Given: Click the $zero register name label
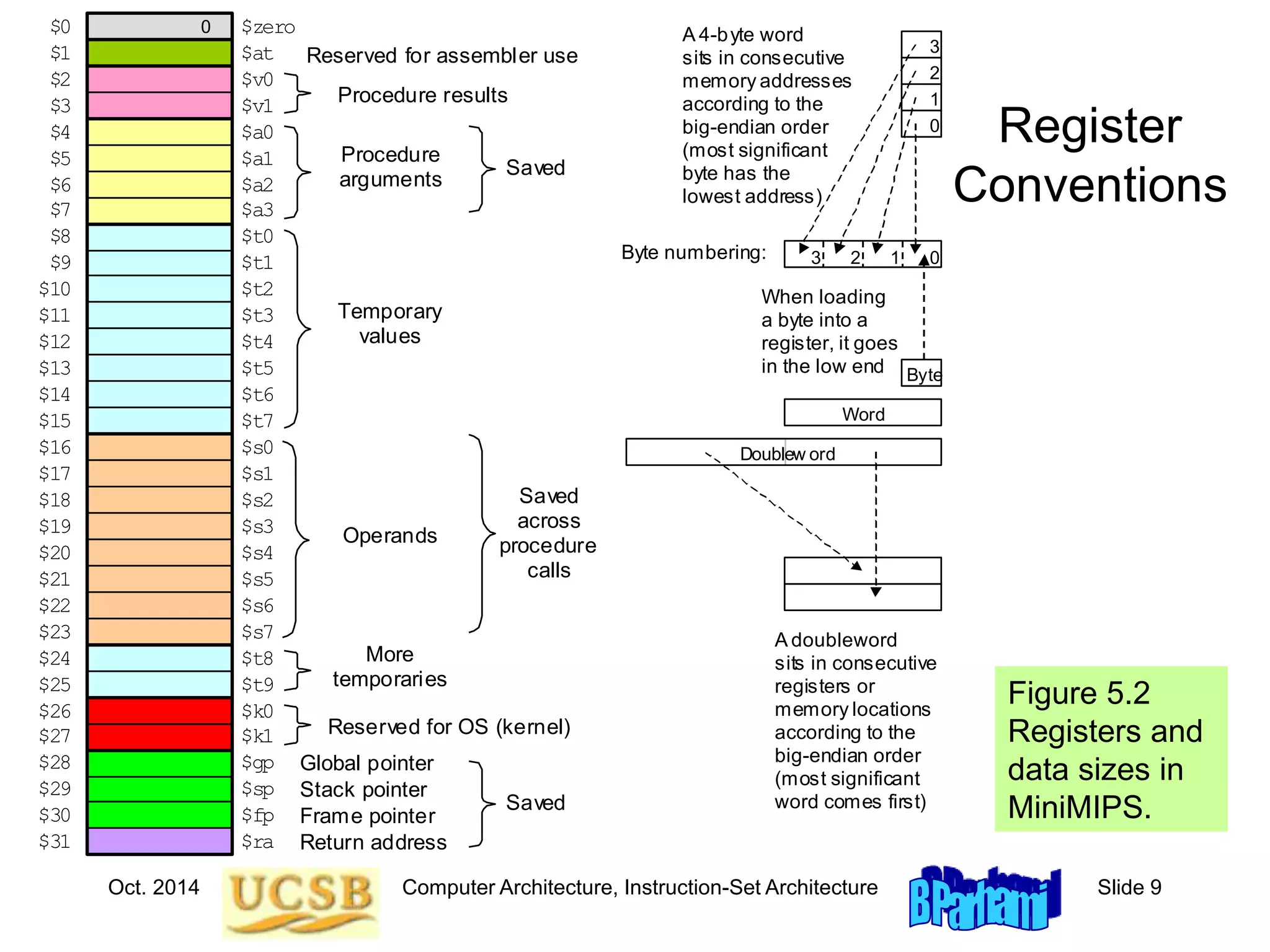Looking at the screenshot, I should click(x=268, y=27).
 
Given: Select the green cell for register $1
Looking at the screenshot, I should click(x=159, y=53).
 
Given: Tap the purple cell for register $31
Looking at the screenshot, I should click(x=159, y=841).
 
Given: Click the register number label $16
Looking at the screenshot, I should click(x=55, y=447).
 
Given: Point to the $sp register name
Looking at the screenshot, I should click(x=257, y=789).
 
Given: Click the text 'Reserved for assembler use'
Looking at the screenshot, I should click(x=442, y=56).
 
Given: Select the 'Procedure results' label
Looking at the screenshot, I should click(x=422, y=95).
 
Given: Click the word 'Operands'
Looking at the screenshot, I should click(x=389, y=535).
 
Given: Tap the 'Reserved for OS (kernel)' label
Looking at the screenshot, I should click(x=449, y=726).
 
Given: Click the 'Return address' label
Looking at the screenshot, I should click(x=373, y=842).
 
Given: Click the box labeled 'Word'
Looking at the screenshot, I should click(x=863, y=413).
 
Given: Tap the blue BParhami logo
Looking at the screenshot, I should click(x=984, y=899).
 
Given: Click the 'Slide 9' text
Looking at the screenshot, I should click(x=1129, y=887).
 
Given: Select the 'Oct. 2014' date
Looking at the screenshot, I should click(x=153, y=887).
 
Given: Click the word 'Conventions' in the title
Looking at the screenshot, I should click(x=1090, y=185).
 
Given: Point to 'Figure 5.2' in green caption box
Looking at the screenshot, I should click(x=1078, y=693).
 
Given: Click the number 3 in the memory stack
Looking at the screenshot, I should click(x=934, y=46).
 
